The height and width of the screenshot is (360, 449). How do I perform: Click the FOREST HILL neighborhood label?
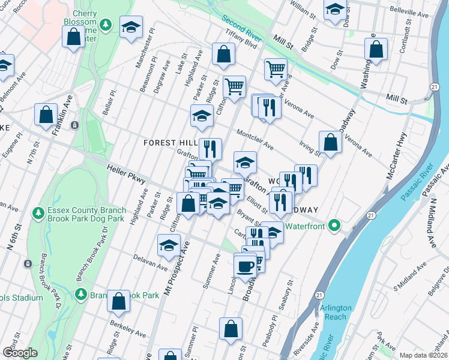coord(170,142)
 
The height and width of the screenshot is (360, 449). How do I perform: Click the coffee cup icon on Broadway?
coord(245,265)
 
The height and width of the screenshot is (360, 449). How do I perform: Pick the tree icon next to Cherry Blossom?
coord(106,25)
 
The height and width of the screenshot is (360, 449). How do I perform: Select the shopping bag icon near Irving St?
coord(330,142)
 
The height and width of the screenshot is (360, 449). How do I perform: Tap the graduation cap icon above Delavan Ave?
coord(169,245)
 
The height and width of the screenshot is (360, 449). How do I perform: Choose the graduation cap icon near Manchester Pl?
coord(130,27)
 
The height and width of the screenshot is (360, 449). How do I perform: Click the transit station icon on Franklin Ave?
coord(74,125)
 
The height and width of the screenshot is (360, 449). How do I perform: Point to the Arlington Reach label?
coord(336,312)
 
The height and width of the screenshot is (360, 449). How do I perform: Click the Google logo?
coord(20,353)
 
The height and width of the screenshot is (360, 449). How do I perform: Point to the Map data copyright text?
coord(423,355)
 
